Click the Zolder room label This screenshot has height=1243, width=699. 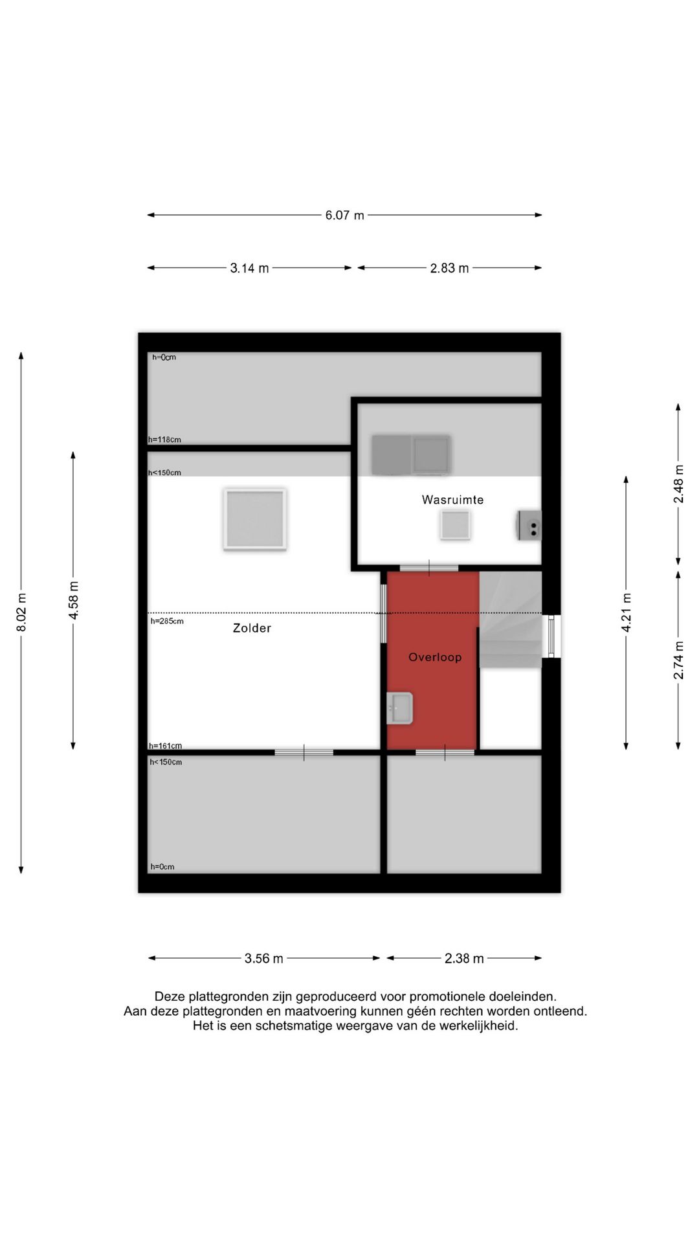point(252,628)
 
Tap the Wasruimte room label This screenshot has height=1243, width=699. point(452,500)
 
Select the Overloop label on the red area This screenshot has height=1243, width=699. point(435,657)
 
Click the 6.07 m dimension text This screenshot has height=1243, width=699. point(344,215)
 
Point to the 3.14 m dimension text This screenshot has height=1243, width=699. point(249,268)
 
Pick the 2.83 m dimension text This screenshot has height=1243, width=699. point(449,268)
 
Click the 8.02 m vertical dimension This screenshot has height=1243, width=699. point(21,612)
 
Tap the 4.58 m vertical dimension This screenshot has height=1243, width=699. point(73,600)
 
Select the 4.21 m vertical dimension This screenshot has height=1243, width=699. point(626,612)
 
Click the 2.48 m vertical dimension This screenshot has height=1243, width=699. point(678,484)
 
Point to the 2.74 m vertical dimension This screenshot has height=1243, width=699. point(678,660)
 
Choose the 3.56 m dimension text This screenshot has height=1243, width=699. point(263,958)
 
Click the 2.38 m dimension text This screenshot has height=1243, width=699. point(464,958)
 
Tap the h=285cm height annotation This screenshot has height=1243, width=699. point(167,621)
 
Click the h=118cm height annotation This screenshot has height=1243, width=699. point(164,440)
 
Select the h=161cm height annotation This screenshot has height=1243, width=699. point(165,746)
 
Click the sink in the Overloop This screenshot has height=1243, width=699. point(399,708)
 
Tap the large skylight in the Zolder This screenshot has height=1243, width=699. point(255,520)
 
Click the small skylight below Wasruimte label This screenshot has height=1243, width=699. point(455,524)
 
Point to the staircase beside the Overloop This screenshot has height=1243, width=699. point(510,620)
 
